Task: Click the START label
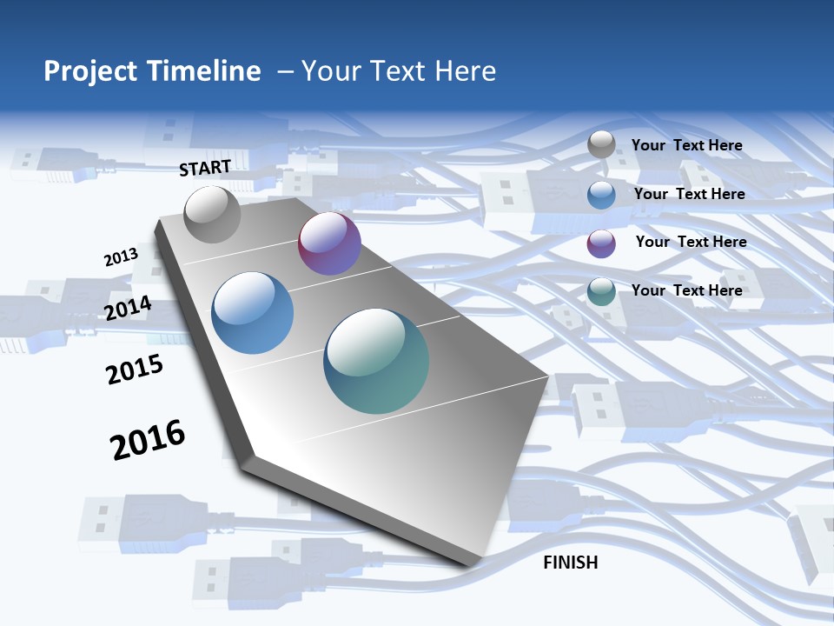pos(205,168)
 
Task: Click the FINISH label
pos(571,563)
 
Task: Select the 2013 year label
pos(121,257)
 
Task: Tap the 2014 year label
pos(129,308)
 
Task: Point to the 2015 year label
pos(135,370)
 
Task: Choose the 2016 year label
pos(148,440)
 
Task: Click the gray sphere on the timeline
pos(213,214)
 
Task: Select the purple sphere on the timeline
pos(329,243)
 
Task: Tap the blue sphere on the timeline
pos(253,313)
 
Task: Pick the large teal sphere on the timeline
pos(376,361)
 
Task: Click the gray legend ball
pos(601,144)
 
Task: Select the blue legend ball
pos(601,195)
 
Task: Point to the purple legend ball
pos(601,243)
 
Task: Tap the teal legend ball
pos(601,291)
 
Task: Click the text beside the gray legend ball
pos(686,145)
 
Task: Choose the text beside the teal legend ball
pos(686,290)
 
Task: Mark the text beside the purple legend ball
pos(691,242)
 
